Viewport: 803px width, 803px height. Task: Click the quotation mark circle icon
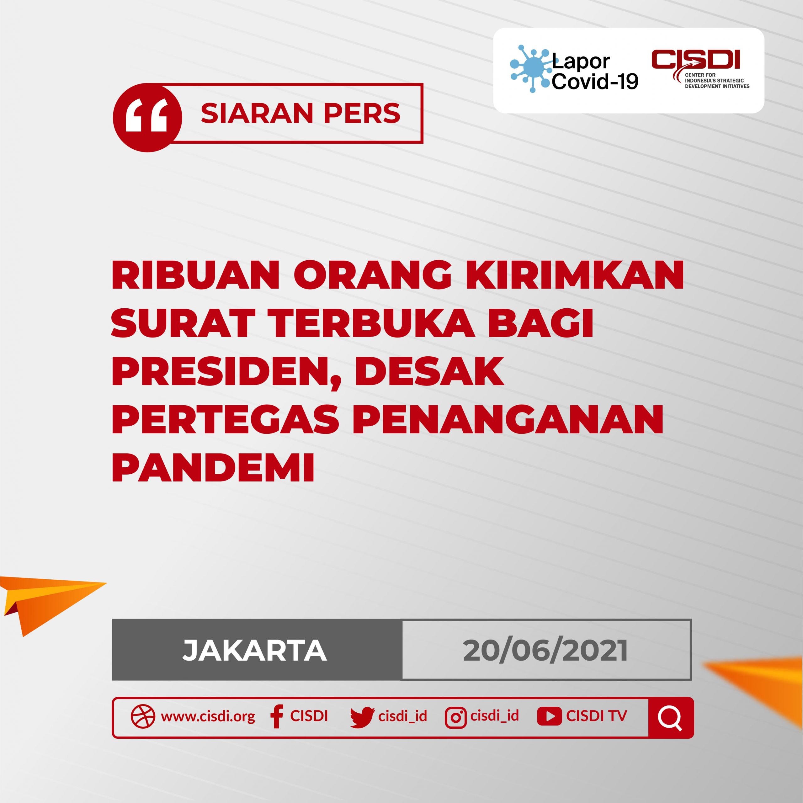[147, 117]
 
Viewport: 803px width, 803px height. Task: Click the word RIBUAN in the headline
[196, 275]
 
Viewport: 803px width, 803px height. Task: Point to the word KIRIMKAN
[575, 275]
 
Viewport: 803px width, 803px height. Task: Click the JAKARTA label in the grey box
[255, 651]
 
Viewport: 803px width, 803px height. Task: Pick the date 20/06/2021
[545, 651]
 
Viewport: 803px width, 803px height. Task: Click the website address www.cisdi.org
[208, 716]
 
